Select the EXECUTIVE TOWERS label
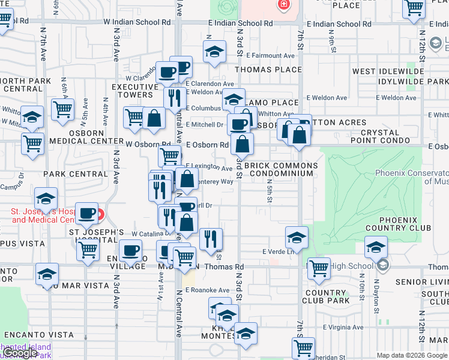tap(132, 91)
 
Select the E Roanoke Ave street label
tap(207, 290)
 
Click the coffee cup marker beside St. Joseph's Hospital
tap(88, 213)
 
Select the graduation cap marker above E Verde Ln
tap(297, 238)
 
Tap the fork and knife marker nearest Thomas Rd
tap(211, 239)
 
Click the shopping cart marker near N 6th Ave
tap(62, 110)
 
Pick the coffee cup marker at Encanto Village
tap(130, 250)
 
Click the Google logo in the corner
tap(20, 353)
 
